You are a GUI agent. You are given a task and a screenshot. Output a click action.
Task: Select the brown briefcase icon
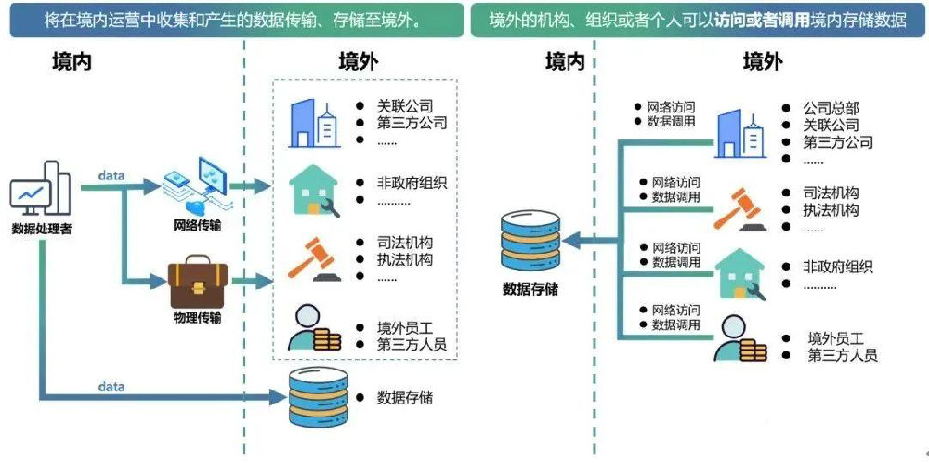click(198, 284)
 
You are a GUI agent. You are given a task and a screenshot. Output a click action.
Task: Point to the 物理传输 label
click(198, 318)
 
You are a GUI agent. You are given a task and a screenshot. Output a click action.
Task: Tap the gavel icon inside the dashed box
click(312, 258)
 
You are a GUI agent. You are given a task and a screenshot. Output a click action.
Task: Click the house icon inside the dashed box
click(314, 191)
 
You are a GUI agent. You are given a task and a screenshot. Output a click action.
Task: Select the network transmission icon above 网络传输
click(197, 188)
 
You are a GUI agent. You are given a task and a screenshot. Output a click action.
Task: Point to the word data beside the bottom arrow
click(111, 386)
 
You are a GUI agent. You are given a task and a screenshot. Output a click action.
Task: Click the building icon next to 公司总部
click(740, 132)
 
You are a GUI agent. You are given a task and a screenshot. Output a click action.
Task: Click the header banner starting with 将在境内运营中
click(236, 20)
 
